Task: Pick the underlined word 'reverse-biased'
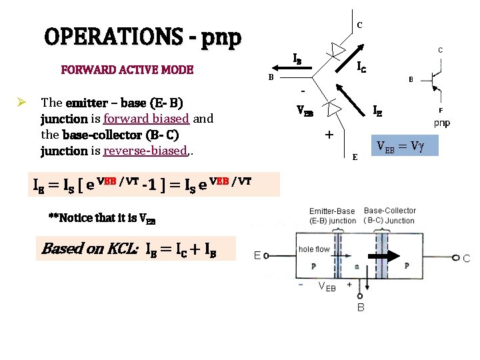tap(144, 151)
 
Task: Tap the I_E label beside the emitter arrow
tap(377, 110)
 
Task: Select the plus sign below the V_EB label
tap(329, 135)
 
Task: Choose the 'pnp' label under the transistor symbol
tap(441, 123)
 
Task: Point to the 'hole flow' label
tap(315, 249)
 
